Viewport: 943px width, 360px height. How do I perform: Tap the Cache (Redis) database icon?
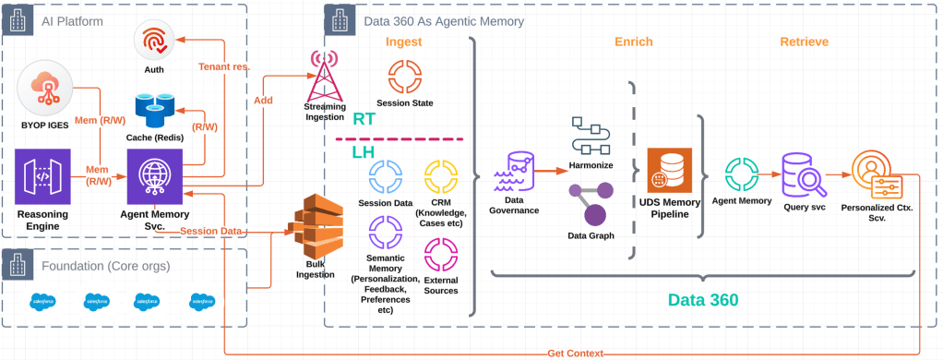(154, 110)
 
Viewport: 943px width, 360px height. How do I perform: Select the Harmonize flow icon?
(591, 135)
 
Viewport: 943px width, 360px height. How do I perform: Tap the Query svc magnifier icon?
(801, 173)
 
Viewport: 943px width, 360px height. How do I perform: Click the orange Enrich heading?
(633, 42)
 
